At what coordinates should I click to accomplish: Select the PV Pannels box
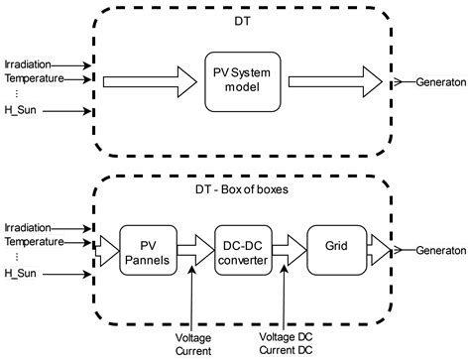point(148,246)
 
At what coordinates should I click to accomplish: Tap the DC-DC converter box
point(242,246)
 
